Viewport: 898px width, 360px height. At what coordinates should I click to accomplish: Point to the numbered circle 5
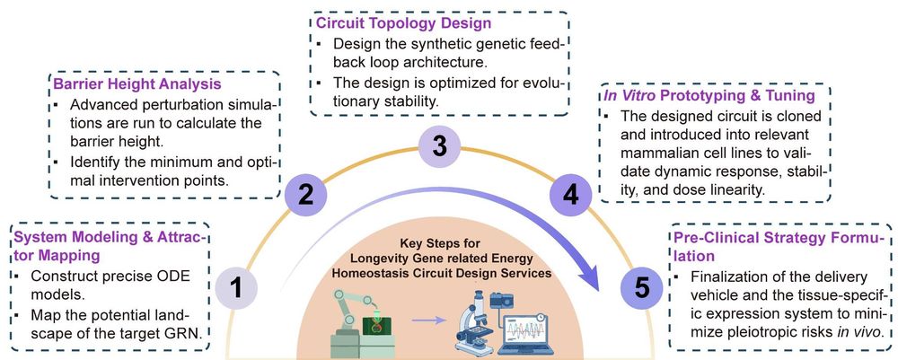pyautogui.click(x=641, y=289)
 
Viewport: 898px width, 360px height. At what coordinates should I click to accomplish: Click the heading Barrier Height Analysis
pyautogui.click(x=145, y=85)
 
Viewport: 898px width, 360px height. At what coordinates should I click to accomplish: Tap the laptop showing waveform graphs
pyautogui.click(x=544, y=328)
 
